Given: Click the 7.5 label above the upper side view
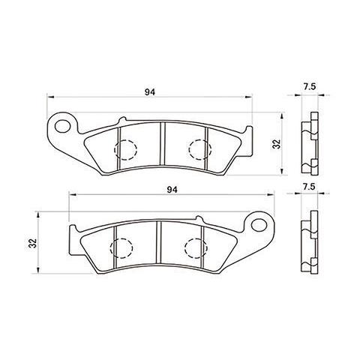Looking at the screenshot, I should [x=308, y=88].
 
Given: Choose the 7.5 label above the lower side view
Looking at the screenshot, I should [x=308, y=184].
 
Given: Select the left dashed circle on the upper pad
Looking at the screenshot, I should [x=126, y=149].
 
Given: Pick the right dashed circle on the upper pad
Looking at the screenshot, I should [x=199, y=149].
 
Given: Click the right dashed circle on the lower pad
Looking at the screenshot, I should [x=196, y=246].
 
